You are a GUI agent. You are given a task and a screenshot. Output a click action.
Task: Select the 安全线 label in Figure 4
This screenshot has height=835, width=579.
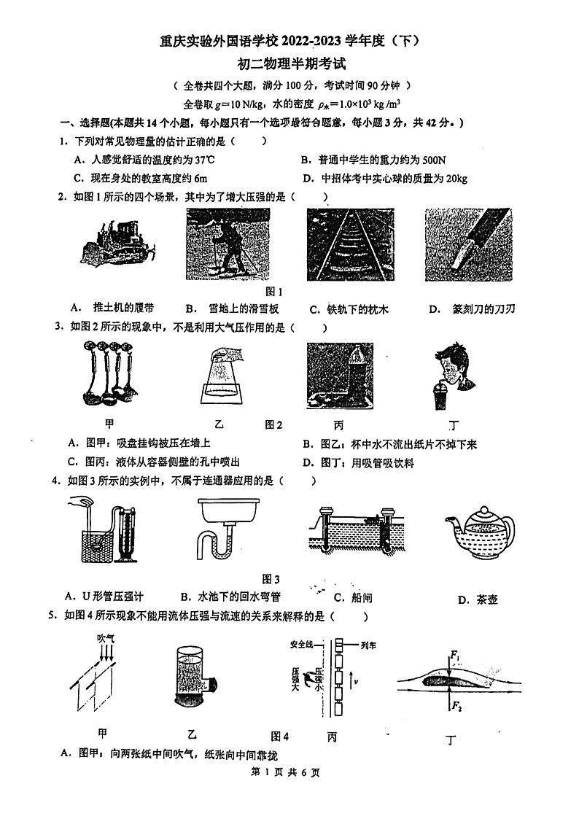(x=301, y=645)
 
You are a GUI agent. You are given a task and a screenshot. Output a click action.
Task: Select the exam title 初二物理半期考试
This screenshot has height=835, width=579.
(x=289, y=64)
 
